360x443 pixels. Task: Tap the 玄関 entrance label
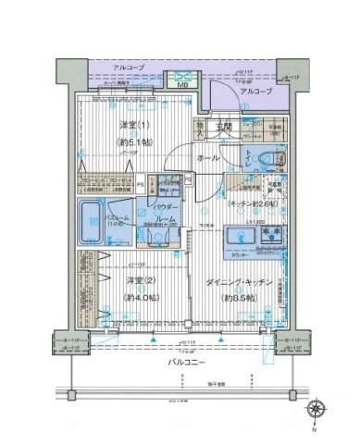(x=224, y=126)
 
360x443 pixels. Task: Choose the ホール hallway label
(x=208, y=158)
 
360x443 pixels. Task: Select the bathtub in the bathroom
(x=92, y=220)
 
